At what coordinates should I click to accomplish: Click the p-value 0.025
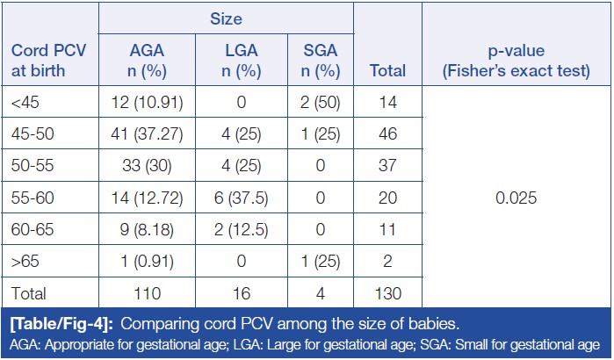(x=515, y=198)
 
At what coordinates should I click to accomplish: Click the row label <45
(x=24, y=104)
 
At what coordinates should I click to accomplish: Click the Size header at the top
(x=227, y=17)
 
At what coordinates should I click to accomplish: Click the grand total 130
(x=387, y=293)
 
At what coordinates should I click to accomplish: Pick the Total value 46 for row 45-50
(x=387, y=135)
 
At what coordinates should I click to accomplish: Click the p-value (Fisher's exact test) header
(x=515, y=60)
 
